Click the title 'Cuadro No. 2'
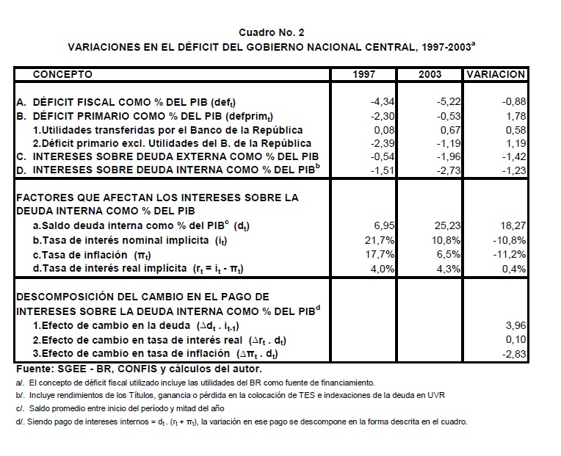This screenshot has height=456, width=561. click(271, 32)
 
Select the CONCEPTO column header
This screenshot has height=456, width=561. click(63, 74)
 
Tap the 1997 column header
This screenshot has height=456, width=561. click(365, 74)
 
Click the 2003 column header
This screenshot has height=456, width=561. click(430, 74)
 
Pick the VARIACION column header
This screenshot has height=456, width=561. click(496, 74)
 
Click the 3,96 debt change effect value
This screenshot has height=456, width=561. click(516, 324)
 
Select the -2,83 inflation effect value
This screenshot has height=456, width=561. click(513, 355)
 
